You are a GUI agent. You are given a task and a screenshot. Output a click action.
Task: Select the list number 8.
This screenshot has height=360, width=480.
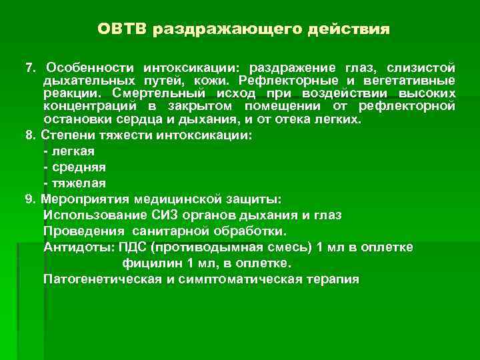(29, 135)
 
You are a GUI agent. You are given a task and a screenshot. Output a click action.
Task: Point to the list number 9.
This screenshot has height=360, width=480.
(29, 199)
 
